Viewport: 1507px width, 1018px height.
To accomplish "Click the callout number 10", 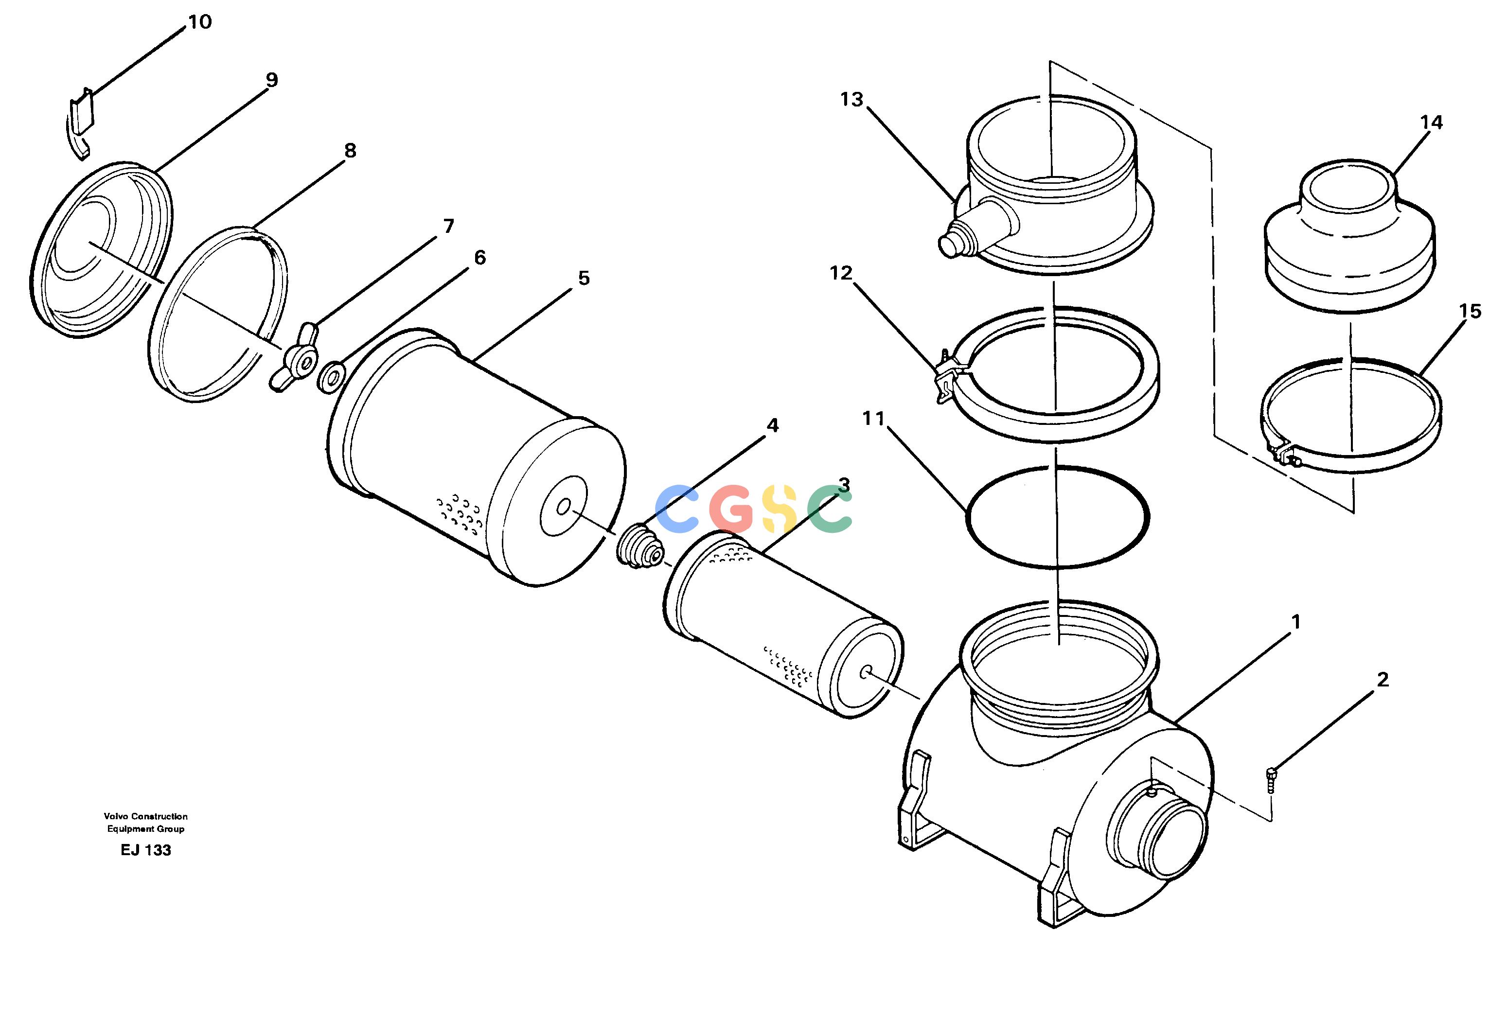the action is (x=200, y=22).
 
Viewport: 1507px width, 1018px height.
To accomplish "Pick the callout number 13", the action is (x=852, y=99).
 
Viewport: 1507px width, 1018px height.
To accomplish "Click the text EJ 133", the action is (x=146, y=850).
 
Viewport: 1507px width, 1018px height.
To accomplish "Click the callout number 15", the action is (x=1470, y=312).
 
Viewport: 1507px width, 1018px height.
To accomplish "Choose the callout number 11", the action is (x=873, y=419).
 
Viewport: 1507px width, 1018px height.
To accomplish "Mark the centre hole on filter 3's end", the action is (x=865, y=672).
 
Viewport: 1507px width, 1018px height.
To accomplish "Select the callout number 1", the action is (x=1295, y=622).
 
